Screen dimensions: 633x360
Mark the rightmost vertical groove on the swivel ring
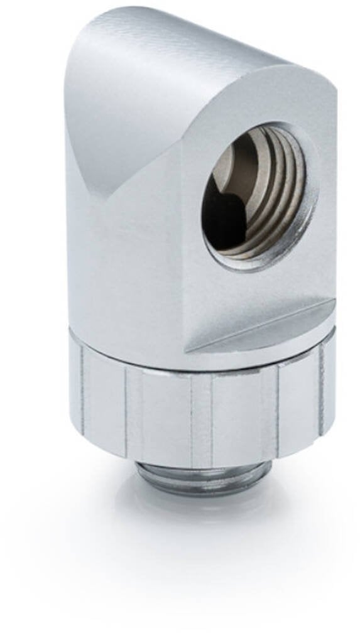320,389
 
